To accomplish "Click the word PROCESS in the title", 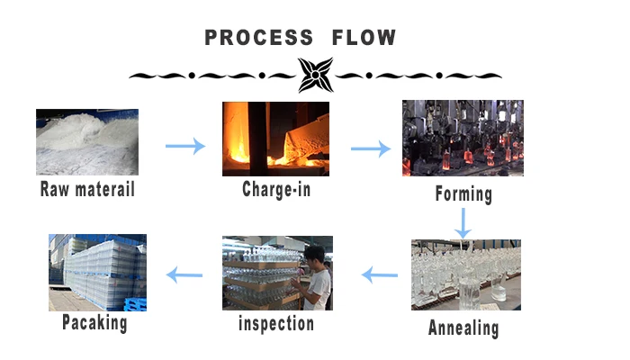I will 258,38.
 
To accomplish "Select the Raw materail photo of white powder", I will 87,141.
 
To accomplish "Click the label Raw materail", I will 87,190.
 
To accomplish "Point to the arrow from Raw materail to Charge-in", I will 185,146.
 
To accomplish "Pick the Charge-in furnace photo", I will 275,139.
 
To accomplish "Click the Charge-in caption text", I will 276,190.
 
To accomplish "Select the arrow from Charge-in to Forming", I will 370,147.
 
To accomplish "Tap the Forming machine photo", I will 463,138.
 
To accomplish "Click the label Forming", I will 463,193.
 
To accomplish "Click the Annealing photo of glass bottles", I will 465,274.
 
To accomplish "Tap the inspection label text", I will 276,323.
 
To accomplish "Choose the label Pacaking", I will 94,321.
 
